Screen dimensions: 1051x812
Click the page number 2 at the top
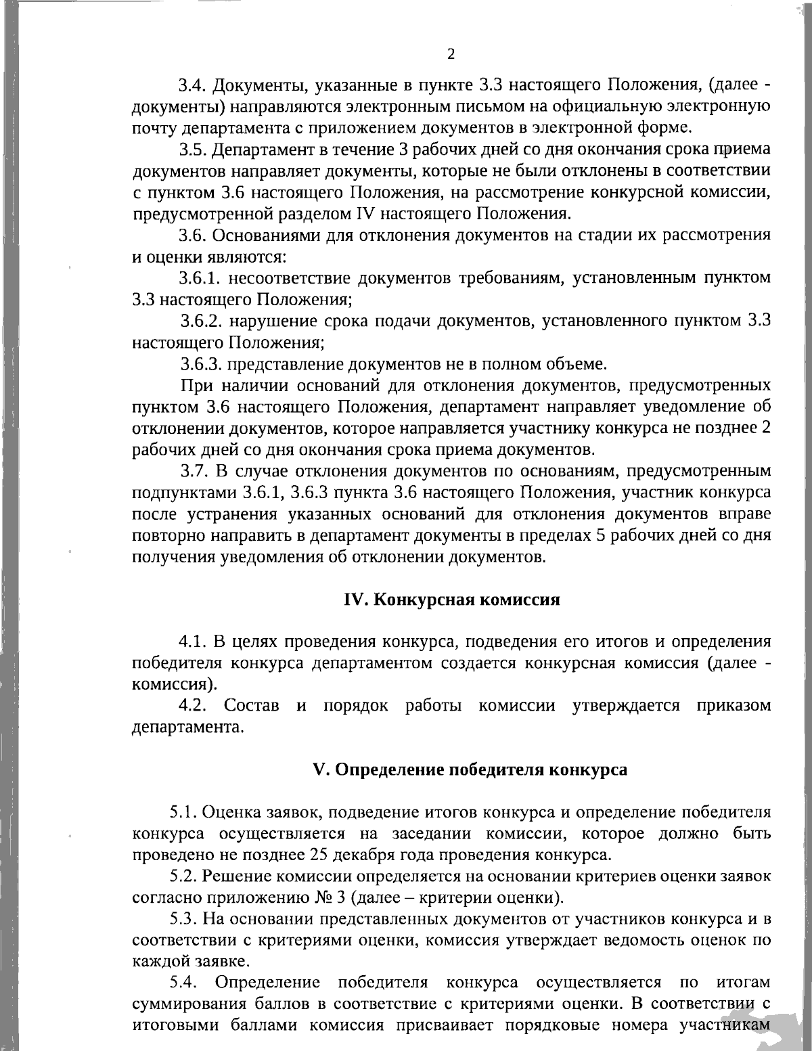pos(451,54)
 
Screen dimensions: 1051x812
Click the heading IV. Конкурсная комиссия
pos(452,600)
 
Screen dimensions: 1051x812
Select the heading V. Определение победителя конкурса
pos(470,769)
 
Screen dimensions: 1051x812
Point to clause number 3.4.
pos(192,86)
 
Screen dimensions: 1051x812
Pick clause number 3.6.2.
pos(201,321)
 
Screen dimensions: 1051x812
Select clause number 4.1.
pos(192,641)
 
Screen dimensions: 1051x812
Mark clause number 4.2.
pos(192,705)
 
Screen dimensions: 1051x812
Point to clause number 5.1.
pos(183,811)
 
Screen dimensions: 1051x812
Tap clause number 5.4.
pos(183,982)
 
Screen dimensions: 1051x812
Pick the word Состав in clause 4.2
pos(252,705)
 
